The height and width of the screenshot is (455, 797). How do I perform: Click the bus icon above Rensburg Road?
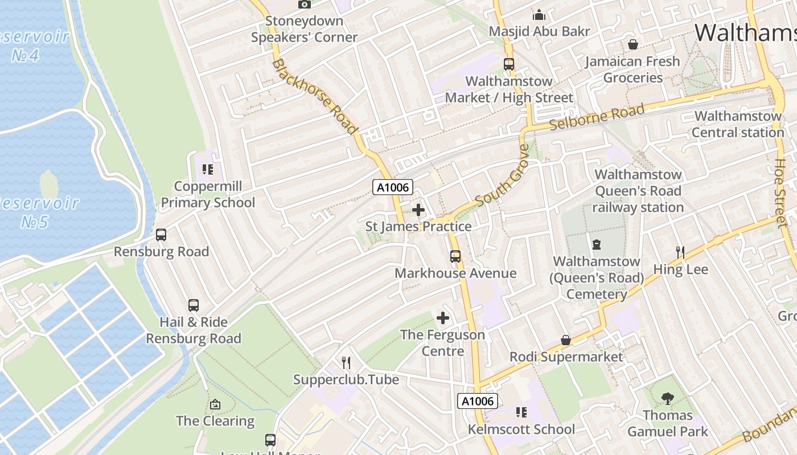tap(161, 235)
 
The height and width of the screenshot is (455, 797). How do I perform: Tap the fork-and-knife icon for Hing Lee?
tap(680, 252)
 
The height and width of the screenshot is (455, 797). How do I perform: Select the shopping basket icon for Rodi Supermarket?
tap(566, 340)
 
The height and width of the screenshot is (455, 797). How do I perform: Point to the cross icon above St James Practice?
tap(418, 210)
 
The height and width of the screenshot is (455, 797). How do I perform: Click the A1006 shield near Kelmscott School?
tap(478, 401)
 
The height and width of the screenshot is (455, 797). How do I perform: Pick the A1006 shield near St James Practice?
tap(393, 187)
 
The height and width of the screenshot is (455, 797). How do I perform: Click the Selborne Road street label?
tap(597, 117)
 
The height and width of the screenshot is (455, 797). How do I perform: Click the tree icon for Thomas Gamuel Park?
tap(668, 399)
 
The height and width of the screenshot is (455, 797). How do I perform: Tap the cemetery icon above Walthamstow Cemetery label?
tap(597, 245)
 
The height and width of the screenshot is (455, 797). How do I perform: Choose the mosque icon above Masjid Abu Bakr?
tap(539, 15)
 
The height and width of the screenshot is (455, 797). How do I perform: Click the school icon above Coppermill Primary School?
tap(208, 169)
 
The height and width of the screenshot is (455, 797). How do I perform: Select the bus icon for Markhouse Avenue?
tap(455, 257)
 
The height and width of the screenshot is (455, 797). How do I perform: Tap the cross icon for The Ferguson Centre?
tap(443, 318)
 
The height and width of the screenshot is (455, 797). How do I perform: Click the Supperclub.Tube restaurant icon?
tap(346, 363)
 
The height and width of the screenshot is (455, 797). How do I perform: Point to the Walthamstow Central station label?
tap(738, 125)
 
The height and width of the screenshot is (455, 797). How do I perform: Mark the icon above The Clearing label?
tap(215, 404)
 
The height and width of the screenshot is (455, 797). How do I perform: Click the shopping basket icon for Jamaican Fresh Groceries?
tap(632, 44)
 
